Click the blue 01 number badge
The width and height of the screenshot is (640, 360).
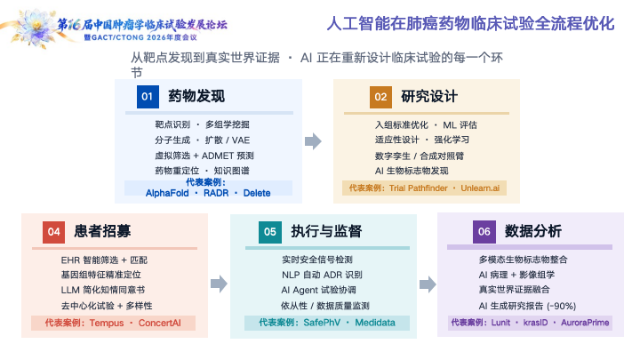tap(148, 97)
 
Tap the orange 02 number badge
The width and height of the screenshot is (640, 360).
tap(380, 97)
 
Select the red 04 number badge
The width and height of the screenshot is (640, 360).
tap(54, 232)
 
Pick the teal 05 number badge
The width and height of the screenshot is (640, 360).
tap(270, 232)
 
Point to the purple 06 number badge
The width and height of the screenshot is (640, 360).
tap(484, 232)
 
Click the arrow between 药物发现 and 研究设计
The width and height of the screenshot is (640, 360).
tap(313, 141)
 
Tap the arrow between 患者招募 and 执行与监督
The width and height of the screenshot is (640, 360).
tap(220, 284)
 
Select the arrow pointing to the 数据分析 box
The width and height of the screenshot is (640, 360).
tap(428, 284)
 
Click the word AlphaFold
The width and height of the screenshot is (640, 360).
tap(167, 193)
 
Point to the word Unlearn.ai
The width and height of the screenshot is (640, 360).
tap(480, 188)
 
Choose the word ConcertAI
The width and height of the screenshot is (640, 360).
tap(160, 323)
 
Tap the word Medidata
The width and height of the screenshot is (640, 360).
tap(375, 323)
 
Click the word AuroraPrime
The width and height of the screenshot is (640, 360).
tap(585, 323)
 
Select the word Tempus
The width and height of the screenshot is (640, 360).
tap(107, 324)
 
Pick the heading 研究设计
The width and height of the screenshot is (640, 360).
tap(429, 97)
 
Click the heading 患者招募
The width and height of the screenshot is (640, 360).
tap(102, 231)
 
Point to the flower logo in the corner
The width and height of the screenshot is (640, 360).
tap(36, 28)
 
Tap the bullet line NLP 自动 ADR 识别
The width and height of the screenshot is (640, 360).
tap(322, 275)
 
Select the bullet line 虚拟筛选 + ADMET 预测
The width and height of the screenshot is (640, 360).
tap(204, 156)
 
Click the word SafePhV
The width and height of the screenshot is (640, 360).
tap(322, 323)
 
